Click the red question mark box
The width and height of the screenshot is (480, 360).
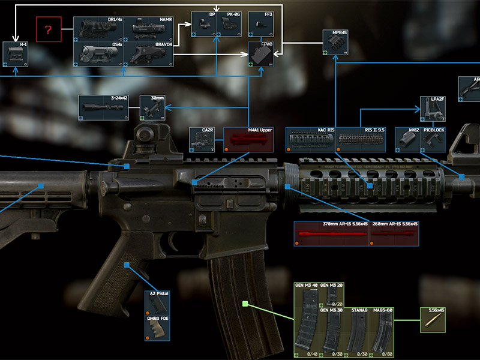pyautogui.click(x=48, y=29)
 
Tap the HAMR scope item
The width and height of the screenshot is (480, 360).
pyautogui.click(x=149, y=29)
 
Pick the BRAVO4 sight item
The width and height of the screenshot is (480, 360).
pyautogui.click(x=149, y=54)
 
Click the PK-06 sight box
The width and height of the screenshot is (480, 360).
pyautogui.click(x=230, y=24)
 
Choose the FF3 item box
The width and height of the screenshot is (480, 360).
pyautogui.click(x=262, y=24)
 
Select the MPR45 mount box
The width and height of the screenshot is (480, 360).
pyautogui.click(x=335, y=42)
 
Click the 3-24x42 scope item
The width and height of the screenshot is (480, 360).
pyautogui.click(x=104, y=107)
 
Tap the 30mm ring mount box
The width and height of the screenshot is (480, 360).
pyautogui.click(x=152, y=107)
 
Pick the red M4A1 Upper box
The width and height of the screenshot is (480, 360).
pyautogui.click(x=248, y=139)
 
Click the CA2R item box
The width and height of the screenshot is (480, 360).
pyautogui.click(x=202, y=139)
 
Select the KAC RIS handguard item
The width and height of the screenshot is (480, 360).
pyautogui.click(x=310, y=139)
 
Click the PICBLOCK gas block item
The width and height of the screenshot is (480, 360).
pyautogui.click(x=433, y=139)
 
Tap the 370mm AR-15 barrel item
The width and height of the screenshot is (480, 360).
pyautogui.click(x=331, y=234)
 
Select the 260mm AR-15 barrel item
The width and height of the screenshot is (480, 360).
pyautogui.click(x=394, y=234)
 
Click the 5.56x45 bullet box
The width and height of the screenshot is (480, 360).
pyautogui.click(x=432, y=320)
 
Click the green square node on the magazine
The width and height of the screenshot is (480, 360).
pyautogui.click(x=245, y=304)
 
